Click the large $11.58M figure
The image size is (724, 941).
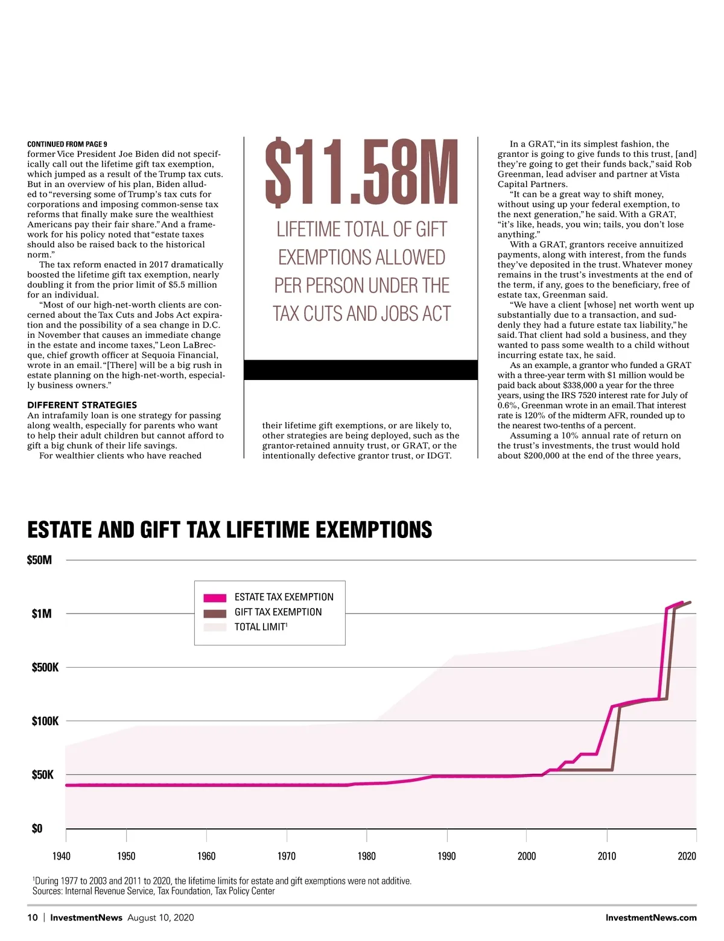click(x=361, y=172)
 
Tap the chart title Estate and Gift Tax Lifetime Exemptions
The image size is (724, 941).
click(x=229, y=530)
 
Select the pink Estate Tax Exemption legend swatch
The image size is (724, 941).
click(x=215, y=598)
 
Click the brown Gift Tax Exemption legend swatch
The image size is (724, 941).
click(x=215, y=613)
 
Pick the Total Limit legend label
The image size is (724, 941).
click(x=261, y=627)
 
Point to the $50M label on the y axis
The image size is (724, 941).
click(x=40, y=560)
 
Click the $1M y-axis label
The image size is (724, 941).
click(x=42, y=614)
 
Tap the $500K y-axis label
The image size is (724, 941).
click(x=45, y=667)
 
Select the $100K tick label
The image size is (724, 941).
click(x=45, y=721)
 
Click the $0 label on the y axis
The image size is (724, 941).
click(x=37, y=829)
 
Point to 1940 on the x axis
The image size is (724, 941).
click(x=62, y=856)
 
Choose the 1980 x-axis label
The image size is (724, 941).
click(x=366, y=856)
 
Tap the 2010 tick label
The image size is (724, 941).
click(x=607, y=856)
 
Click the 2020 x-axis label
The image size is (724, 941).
click(x=687, y=856)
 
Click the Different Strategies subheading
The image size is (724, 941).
click(x=82, y=405)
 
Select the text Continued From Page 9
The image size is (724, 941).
click(x=67, y=144)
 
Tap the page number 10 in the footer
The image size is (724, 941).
click(x=33, y=917)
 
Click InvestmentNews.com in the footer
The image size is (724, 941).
click(x=651, y=917)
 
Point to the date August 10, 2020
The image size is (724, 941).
click(x=160, y=917)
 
